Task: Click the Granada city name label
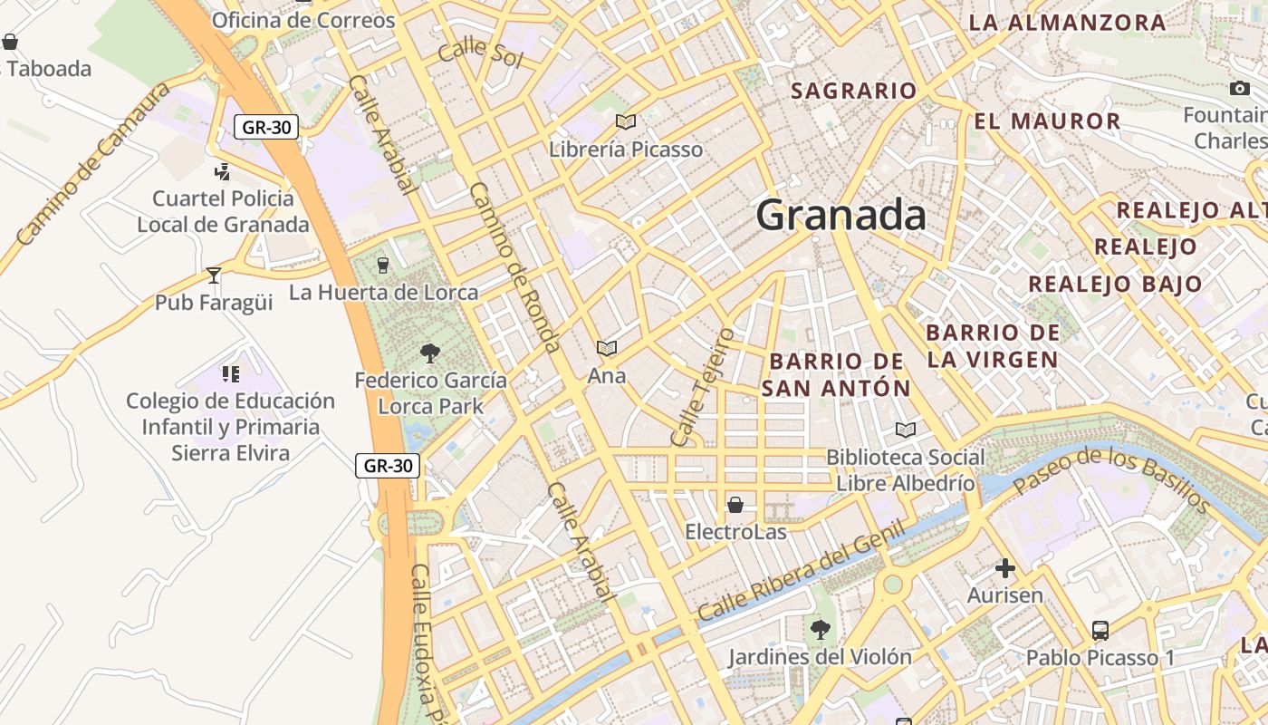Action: (841, 216)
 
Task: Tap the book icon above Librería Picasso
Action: (626, 121)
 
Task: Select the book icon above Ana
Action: (607, 348)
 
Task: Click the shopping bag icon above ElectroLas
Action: (735, 504)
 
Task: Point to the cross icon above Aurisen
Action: (1005, 568)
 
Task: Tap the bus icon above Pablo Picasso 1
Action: (1100, 631)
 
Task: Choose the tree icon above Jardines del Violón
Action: (821, 629)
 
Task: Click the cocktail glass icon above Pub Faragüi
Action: (214, 275)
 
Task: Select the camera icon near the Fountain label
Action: (1240, 88)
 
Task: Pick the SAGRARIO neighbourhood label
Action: (854, 91)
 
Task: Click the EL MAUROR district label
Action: (1047, 121)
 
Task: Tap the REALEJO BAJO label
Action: (1115, 284)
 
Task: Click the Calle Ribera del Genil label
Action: (801, 571)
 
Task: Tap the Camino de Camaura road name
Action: (93, 164)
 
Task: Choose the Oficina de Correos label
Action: (303, 20)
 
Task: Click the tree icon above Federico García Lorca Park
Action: (430, 353)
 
